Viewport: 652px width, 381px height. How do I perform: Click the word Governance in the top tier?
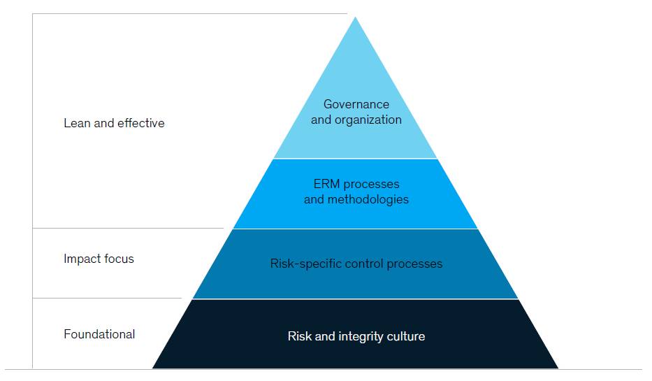[356, 104]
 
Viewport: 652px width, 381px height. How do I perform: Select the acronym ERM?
[327, 184]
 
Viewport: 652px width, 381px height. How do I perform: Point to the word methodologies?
[368, 200]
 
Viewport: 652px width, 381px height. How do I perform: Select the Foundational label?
[99, 334]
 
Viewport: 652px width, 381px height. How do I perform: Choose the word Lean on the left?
[77, 123]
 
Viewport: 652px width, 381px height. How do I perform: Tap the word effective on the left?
[141, 123]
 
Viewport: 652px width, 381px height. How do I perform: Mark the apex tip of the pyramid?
[356, 17]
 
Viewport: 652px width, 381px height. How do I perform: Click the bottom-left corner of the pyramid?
[152, 368]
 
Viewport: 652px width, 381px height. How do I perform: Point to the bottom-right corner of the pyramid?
[558, 368]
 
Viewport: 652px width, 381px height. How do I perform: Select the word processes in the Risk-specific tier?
[414, 264]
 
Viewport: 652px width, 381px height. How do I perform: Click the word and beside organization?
[321, 120]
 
